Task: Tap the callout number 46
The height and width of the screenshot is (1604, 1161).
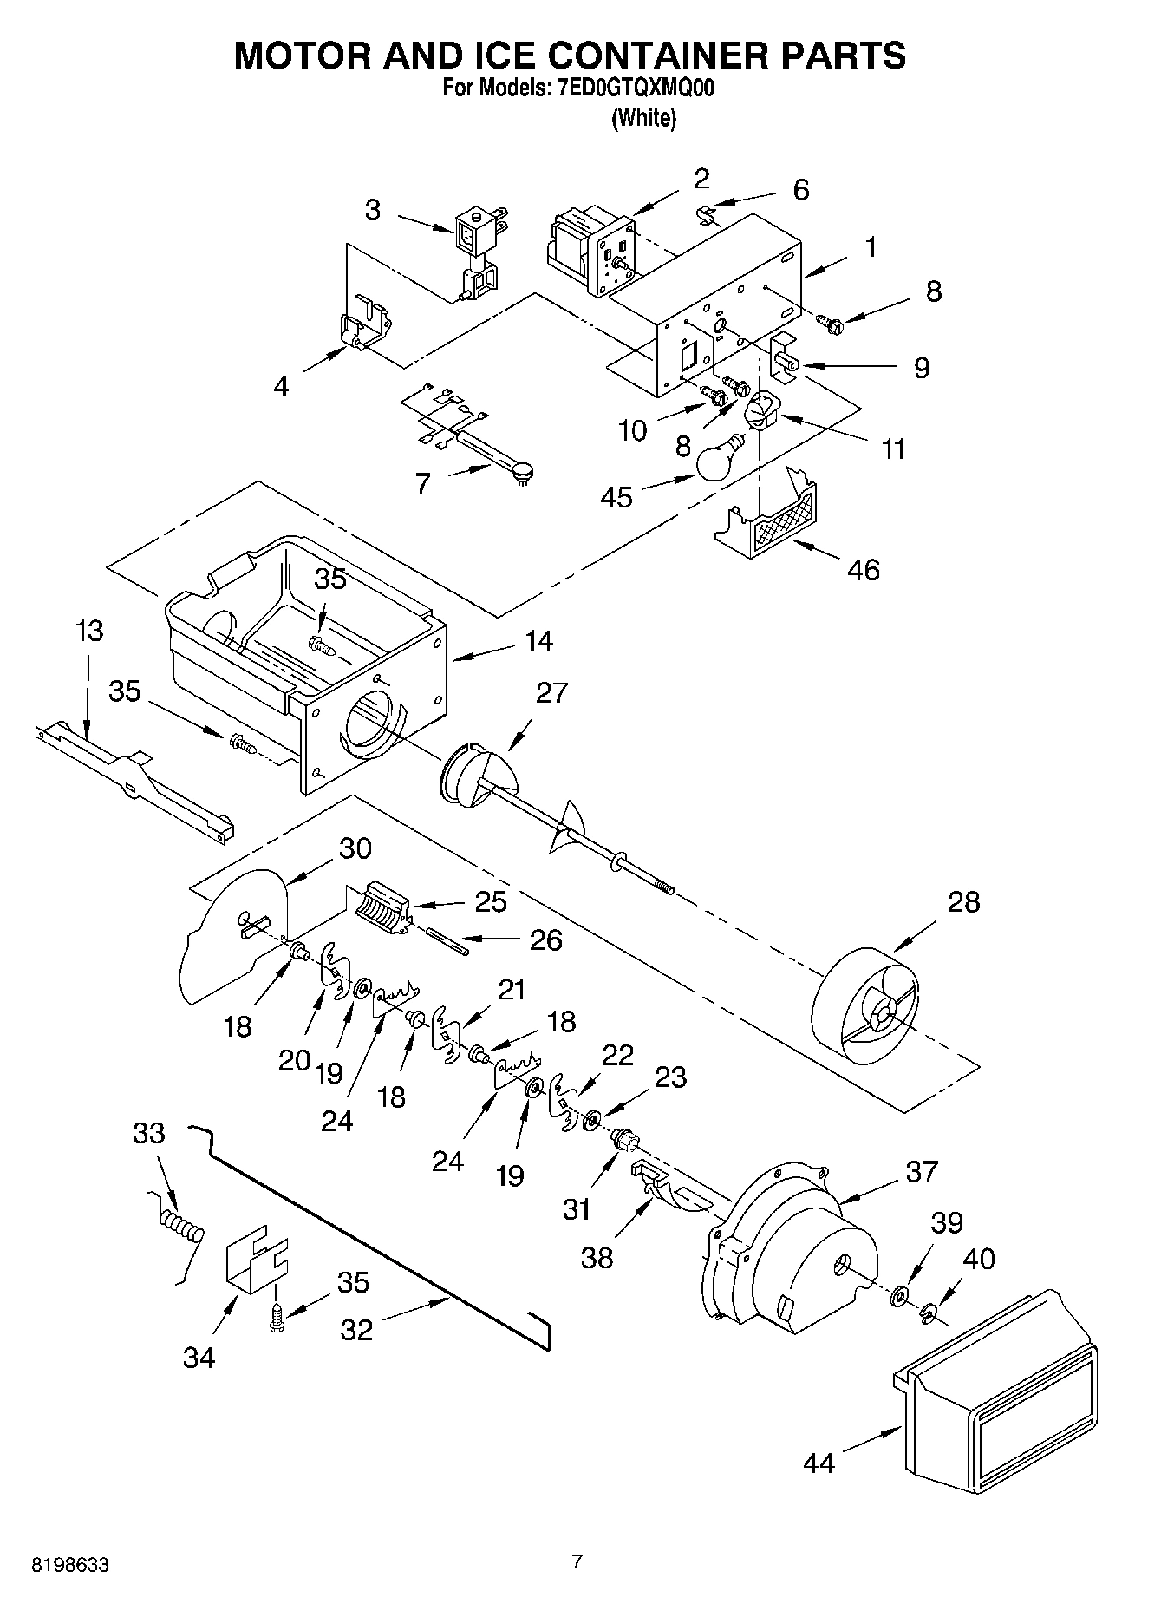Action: coord(863,570)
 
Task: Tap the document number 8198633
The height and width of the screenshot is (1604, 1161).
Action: coord(69,1565)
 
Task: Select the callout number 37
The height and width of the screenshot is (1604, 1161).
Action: coord(922,1171)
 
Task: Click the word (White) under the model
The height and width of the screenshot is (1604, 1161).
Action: coord(643,119)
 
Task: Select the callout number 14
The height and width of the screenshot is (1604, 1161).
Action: coord(538,641)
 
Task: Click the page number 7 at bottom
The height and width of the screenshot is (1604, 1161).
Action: coord(577,1562)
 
